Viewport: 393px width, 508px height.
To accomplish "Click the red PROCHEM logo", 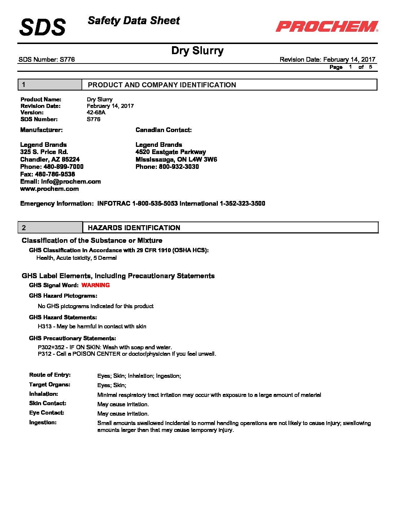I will [327, 26].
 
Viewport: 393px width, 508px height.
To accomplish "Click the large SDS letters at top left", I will [43, 27].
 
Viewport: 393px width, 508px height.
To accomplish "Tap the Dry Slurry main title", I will [197, 51].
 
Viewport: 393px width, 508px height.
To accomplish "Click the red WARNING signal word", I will [96, 285].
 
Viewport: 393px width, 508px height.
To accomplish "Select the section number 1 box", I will [50, 85].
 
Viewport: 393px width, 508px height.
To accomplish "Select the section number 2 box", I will [50, 228].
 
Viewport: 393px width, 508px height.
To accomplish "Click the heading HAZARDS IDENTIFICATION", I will [134, 228].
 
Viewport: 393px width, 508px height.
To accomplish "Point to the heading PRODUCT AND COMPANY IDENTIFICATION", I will [162, 85].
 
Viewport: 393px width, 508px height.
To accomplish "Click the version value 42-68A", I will [96, 113].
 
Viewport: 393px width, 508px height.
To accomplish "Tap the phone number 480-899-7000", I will [63, 167].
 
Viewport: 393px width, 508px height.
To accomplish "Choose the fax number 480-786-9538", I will [55, 174].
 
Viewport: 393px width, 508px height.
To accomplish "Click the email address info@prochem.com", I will [71, 181].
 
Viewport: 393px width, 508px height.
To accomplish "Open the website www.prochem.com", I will [49, 189].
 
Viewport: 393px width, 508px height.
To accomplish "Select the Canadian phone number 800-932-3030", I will [178, 167].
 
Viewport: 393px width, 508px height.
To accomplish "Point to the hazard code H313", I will [45, 327].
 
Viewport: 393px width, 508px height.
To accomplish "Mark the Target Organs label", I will [50, 385].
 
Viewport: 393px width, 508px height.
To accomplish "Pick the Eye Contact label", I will [47, 413].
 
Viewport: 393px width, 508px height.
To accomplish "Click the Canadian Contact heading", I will [164, 130].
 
